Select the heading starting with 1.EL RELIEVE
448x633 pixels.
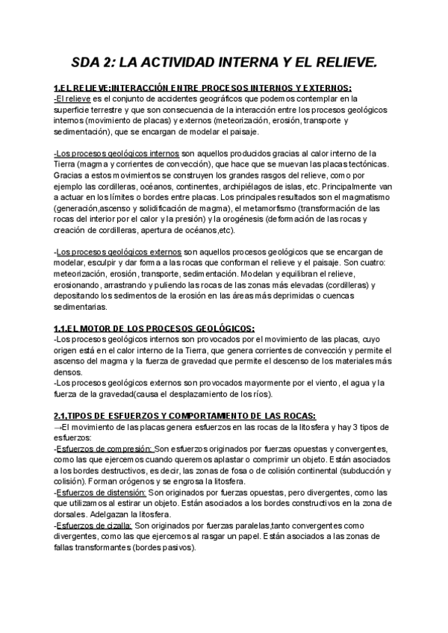pos(202,87)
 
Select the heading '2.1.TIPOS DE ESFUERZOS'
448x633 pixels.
pos(184,415)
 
